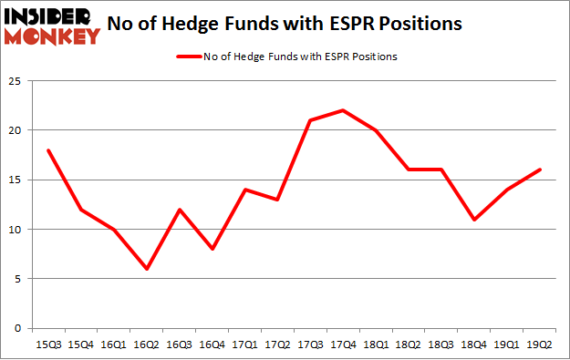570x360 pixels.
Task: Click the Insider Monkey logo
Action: (52, 25)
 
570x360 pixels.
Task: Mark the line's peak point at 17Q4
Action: (341, 110)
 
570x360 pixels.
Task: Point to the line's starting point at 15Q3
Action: (47, 149)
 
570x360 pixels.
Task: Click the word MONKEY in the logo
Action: (52, 36)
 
